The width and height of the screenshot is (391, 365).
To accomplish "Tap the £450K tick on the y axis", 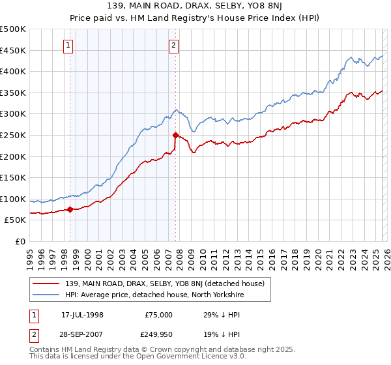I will (13, 50).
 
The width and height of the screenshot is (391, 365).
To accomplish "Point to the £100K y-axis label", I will (13, 199).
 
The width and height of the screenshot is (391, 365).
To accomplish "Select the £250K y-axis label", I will (13, 135).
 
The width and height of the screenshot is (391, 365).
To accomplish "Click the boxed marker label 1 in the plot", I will (69, 45).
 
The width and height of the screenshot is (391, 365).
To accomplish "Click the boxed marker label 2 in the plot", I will (174, 45).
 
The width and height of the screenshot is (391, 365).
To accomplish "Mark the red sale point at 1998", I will (70, 210).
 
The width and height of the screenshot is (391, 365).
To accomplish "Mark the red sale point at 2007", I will (176, 136).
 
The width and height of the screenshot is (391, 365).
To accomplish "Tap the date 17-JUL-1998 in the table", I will (82, 314).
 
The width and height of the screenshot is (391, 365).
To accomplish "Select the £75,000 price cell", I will (158, 314).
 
